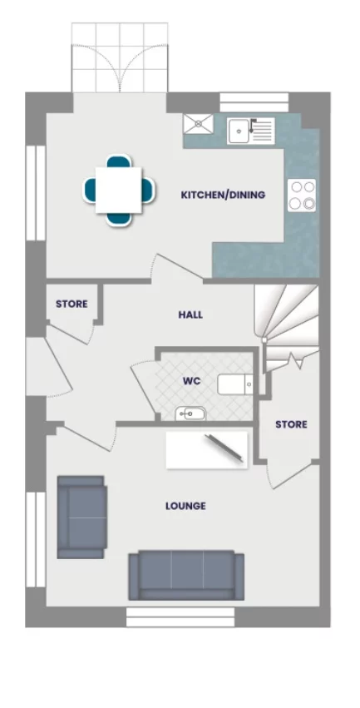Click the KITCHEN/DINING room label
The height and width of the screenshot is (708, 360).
coord(223,196)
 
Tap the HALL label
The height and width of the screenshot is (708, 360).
coord(190,315)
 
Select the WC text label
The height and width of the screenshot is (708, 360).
coord(192,381)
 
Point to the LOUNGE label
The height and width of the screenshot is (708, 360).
coord(185,506)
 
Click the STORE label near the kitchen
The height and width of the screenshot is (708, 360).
coord(72,304)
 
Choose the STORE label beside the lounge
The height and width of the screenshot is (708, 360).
coord(291,424)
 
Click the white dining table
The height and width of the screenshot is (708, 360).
coord(118,191)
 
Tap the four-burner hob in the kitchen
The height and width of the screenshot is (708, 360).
coord(302,195)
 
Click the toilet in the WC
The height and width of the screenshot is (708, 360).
coord(235,384)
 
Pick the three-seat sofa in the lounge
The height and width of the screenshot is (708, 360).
coord(186,575)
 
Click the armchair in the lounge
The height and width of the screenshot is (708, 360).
coord(81,517)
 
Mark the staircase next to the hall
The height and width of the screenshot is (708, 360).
coord(287,320)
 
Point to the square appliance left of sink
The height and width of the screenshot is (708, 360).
coord(199,124)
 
